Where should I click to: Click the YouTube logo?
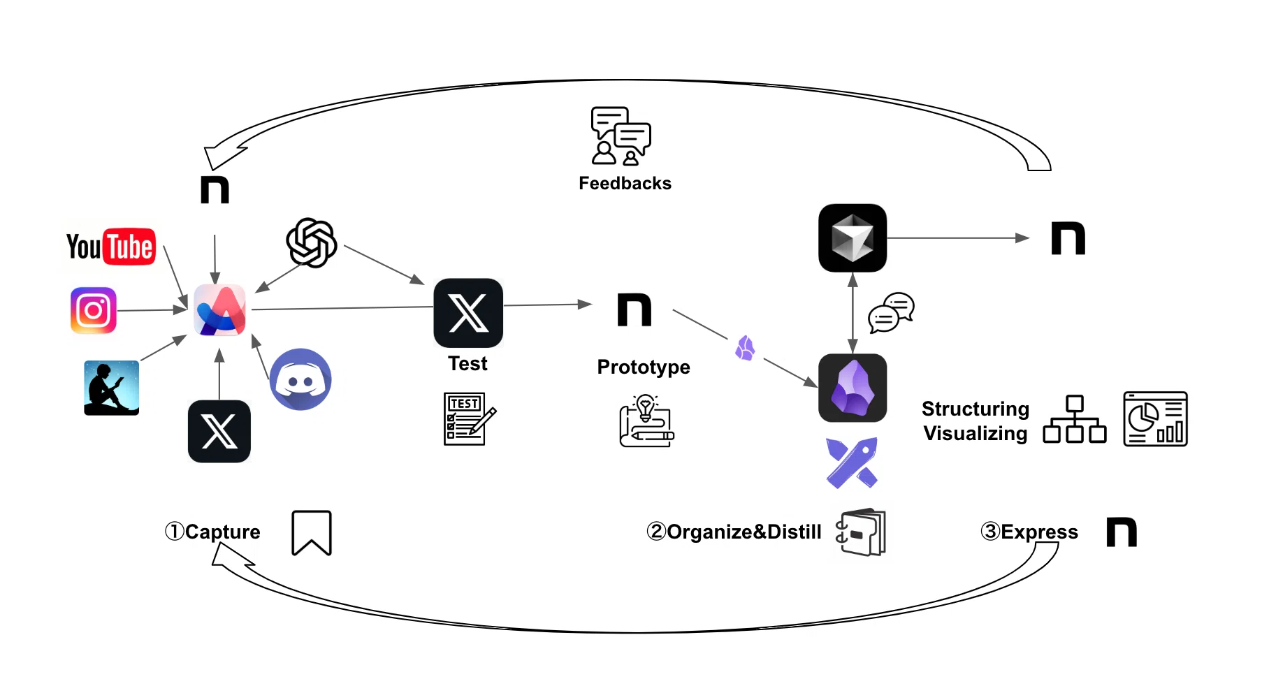110,247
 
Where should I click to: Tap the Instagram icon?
94,310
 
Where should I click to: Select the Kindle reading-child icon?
111,388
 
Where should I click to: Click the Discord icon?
300,379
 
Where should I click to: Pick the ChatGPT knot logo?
312,242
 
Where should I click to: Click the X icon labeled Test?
468,313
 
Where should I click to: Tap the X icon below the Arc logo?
219,431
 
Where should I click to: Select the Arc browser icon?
220,310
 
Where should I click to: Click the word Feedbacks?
625,183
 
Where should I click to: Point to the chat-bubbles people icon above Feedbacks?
621,136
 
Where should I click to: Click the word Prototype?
644,367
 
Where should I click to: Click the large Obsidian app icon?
853,388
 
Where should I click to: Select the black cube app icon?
853,238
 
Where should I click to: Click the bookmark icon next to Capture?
312,533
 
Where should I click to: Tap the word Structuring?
975,409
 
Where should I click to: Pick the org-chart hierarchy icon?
1075,419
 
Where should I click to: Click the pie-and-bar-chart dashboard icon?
1156,418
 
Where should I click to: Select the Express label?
1039,532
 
